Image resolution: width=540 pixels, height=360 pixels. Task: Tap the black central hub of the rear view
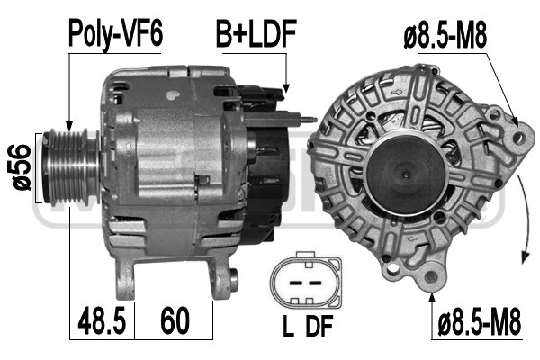(x=401, y=170)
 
